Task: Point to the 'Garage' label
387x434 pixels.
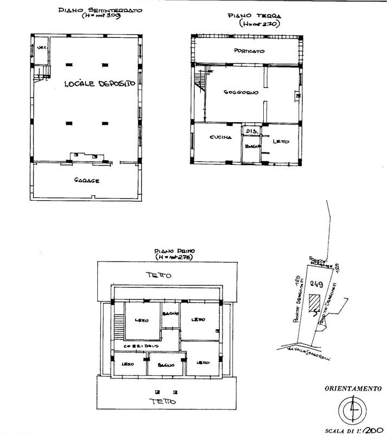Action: [x=86, y=181]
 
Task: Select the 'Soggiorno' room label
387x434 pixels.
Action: [x=240, y=92]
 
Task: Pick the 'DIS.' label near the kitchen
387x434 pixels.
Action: [x=250, y=131]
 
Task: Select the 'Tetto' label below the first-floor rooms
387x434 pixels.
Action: [x=163, y=401]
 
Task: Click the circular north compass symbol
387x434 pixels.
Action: [x=351, y=409]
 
